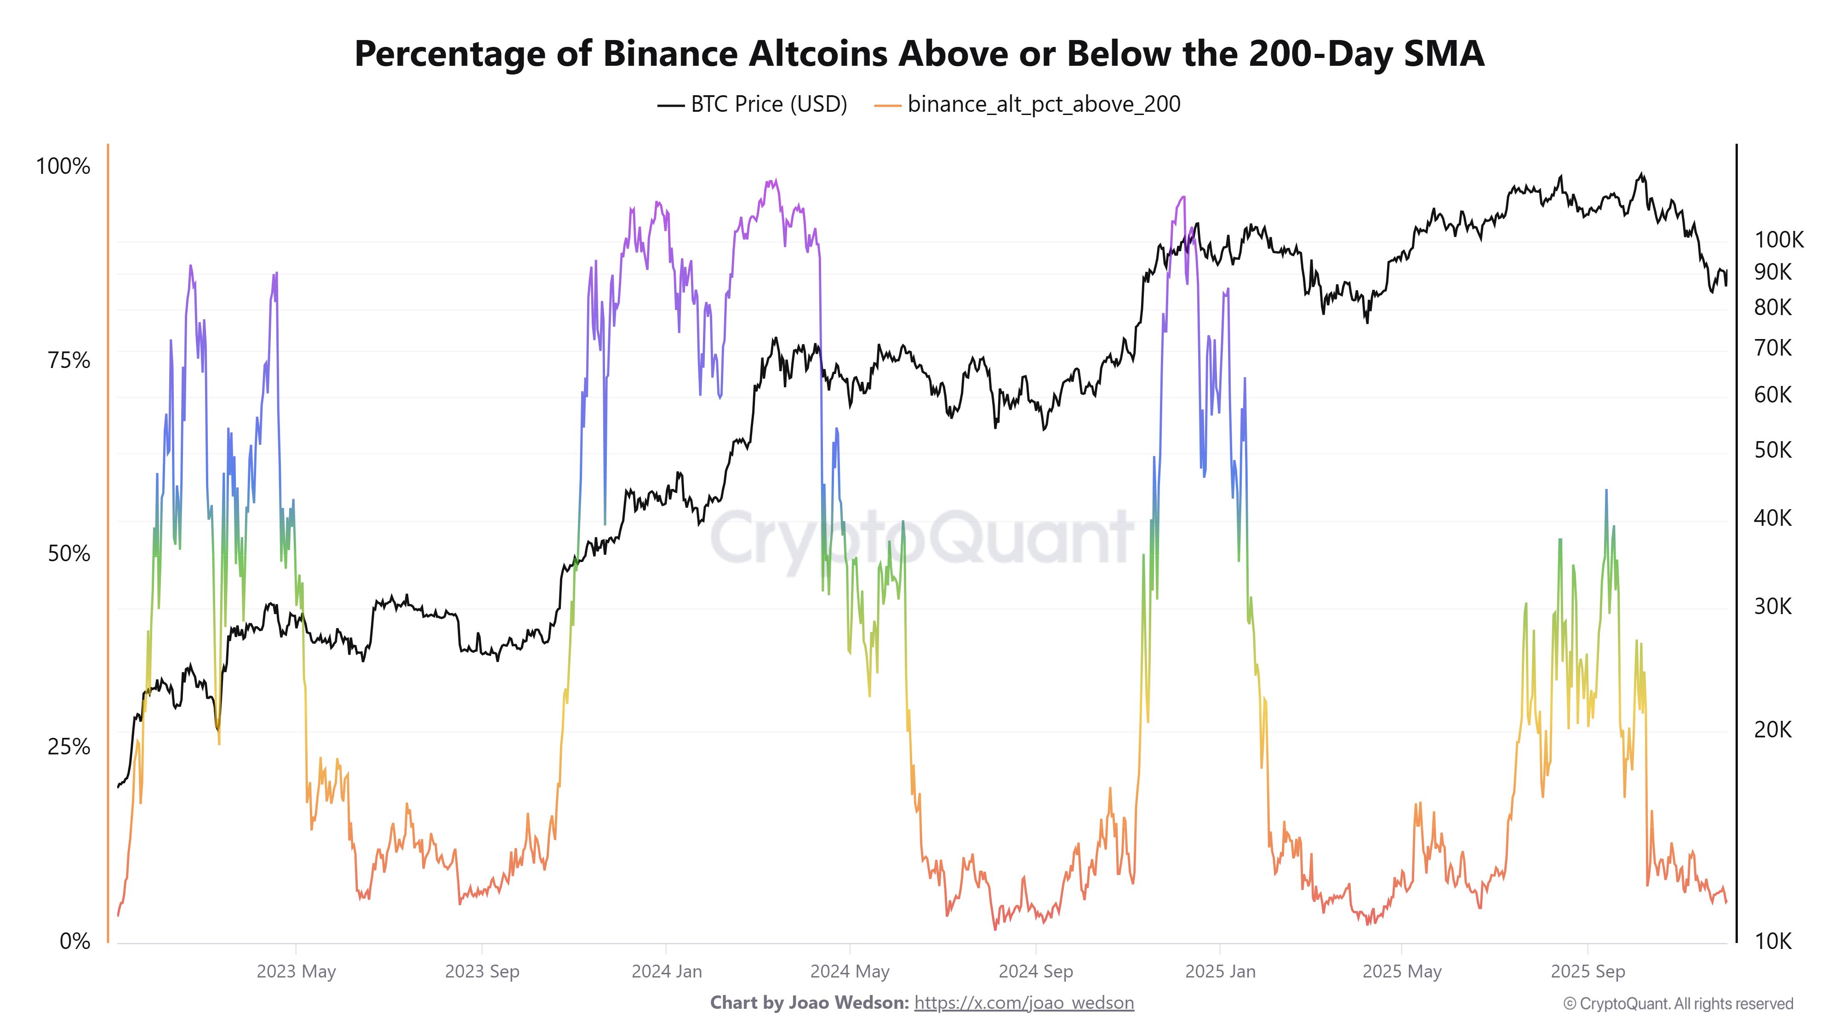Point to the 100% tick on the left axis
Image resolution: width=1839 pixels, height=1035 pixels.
(x=63, y=167)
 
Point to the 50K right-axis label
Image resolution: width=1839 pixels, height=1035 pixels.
(x=1773, y=450)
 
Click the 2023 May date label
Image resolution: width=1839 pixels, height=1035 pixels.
(x=296, y=972)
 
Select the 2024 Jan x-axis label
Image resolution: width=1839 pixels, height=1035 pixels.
(x=666, y=972)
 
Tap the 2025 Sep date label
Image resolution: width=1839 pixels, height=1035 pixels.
(x=1587, y=972)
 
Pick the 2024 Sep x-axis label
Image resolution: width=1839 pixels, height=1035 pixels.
(x=1035, y=972)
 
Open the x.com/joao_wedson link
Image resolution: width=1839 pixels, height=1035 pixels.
(x=1024, y=1003)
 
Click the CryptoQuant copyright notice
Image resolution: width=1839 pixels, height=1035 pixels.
(x=1678, y=1004)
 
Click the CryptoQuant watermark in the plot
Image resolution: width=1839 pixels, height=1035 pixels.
(x=921, y=537)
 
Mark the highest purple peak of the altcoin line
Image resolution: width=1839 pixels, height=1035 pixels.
(x=775, y=181)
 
